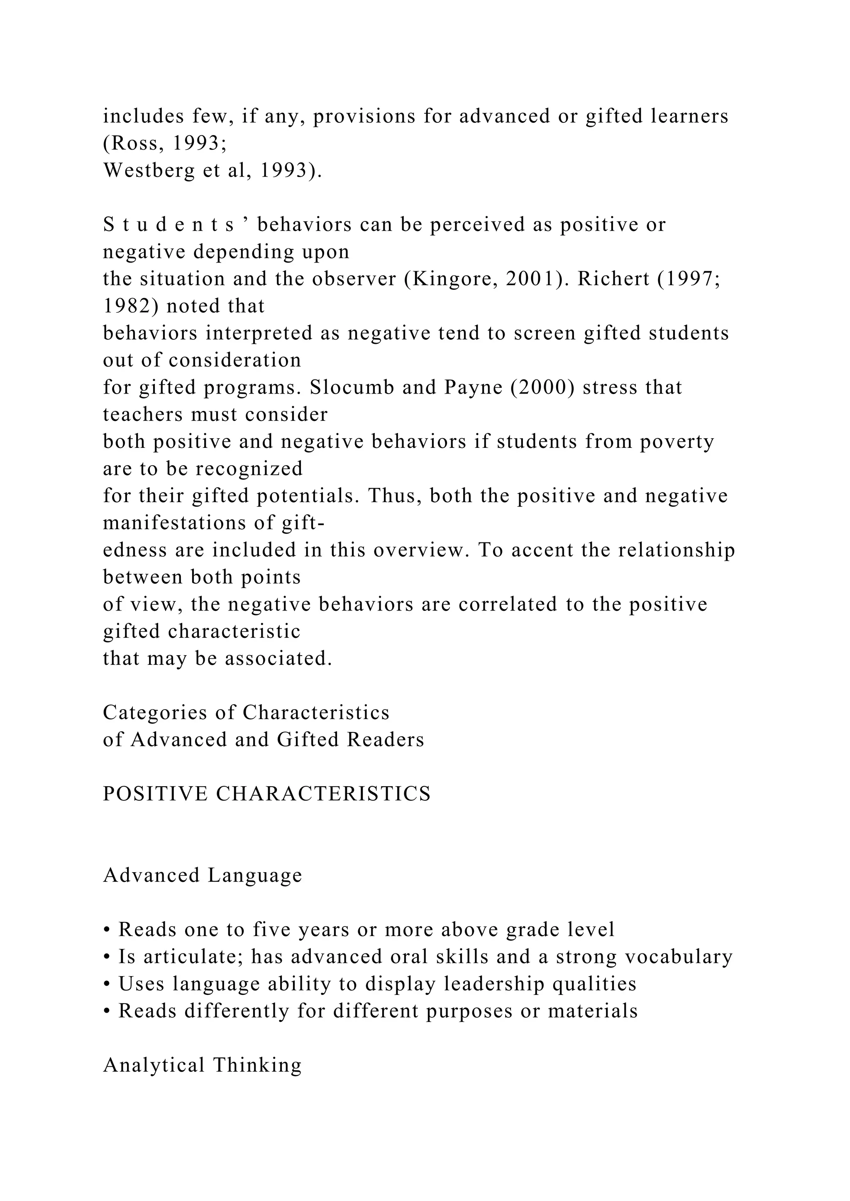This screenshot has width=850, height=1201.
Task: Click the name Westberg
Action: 149,170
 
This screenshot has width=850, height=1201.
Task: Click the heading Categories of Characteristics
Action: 246,712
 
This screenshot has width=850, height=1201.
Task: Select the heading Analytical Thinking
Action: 203,1065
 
